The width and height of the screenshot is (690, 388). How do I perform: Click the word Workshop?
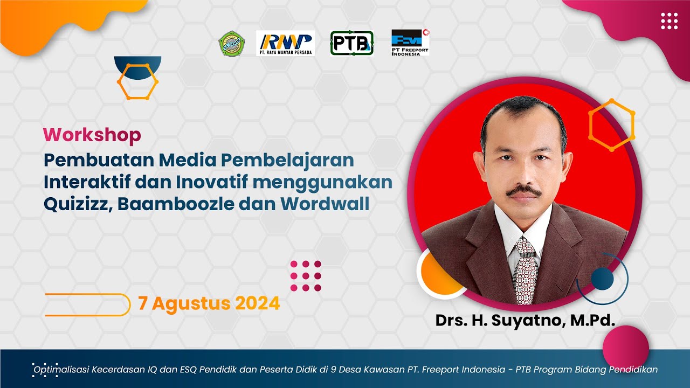tap(92, 135)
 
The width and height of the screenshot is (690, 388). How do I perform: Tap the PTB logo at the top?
tap(351, 43)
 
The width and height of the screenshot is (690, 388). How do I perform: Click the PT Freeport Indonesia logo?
tap(410, 43)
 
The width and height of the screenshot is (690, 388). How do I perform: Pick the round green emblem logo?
tap(232, 44)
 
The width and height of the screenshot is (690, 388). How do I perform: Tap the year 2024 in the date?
tap(257, 303)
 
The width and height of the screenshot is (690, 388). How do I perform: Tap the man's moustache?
tap(523, 191)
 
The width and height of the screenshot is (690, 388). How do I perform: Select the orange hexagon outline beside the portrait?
tap(611, 124)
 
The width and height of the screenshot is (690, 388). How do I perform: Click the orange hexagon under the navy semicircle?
tap(138, 81)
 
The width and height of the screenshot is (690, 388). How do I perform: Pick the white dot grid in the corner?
tap(669, 21)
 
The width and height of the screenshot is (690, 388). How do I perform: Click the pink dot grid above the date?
tap(306, 276)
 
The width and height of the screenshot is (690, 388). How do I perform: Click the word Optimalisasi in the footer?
tap(66, 370)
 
